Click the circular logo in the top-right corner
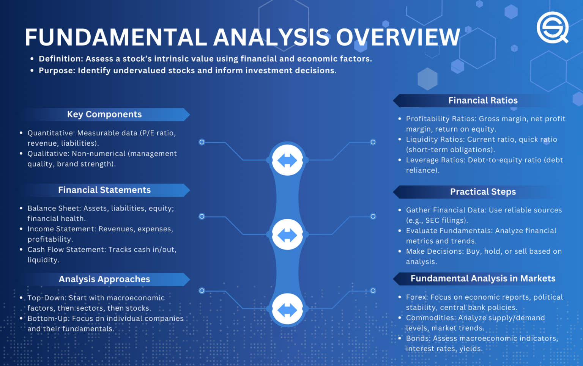pos(552,27)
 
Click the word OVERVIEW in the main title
pos(398,38)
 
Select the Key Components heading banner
pos(104,115)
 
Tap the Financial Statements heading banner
pos(104,190)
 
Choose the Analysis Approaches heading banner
pos(104,280)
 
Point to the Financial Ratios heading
pos(483,101)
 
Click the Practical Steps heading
pos(483,192)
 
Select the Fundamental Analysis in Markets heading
pos(483,279)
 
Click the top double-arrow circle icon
pos(287,160)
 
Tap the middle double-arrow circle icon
pos(287,234)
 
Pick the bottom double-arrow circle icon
pos(287,309)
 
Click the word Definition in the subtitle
pos(61,59)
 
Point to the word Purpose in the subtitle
pos(57,71)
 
